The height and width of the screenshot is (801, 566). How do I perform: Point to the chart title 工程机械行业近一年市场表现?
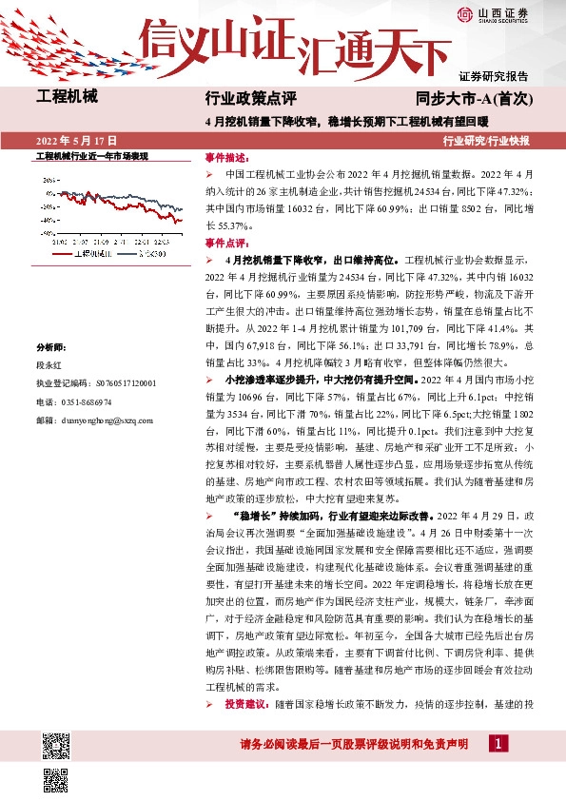tap(91, 155)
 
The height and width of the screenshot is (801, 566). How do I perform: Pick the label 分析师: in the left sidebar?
tap(49, 348)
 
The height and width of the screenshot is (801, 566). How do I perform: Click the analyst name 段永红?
tap(48, 364)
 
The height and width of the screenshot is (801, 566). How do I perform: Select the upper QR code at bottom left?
tap(55, 742)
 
